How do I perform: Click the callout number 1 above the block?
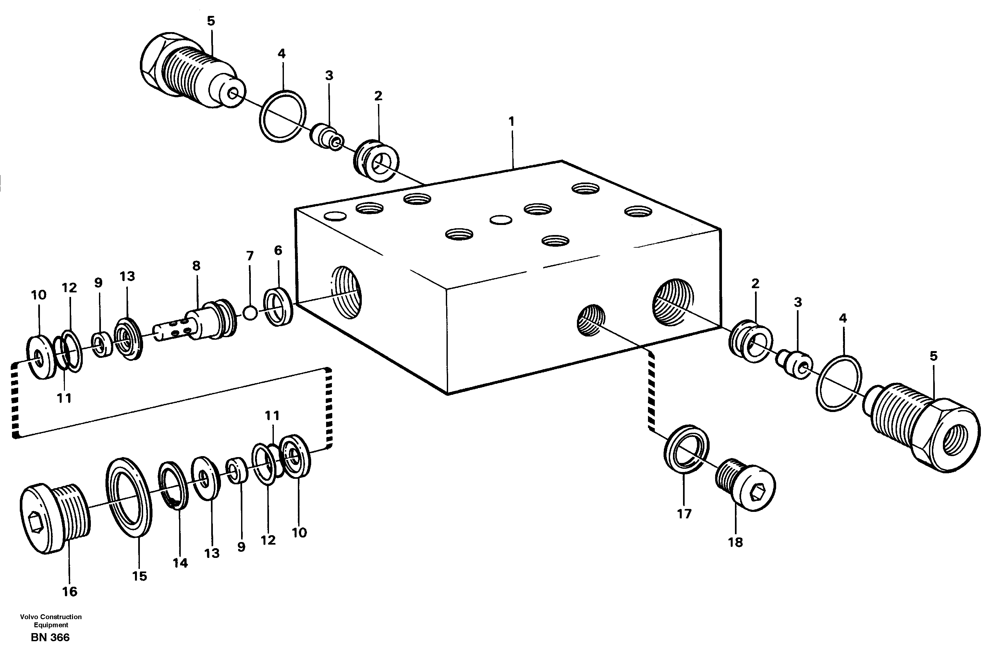coord(511,122)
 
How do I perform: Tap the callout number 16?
coord(70,592)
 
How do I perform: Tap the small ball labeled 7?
coord(250,313)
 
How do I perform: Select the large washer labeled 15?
coord(129,498)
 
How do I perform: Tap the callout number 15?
coord(140,576)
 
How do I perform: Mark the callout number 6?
coord(278,251)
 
